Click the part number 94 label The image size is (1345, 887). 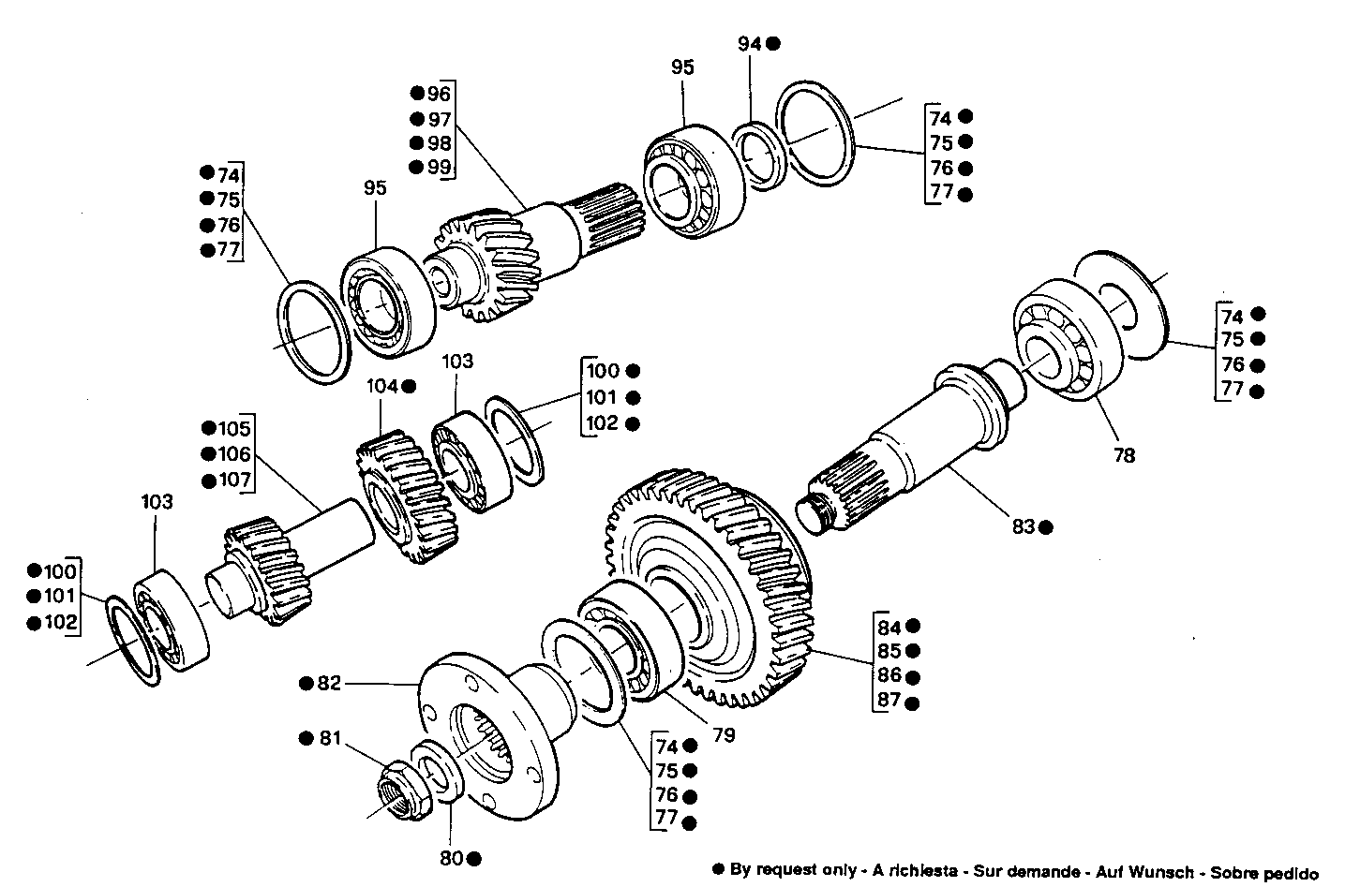(750, 43)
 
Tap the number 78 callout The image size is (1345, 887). (1124, 455)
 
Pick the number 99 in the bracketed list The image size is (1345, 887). (439, 167)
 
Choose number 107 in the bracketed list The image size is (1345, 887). (234, 480)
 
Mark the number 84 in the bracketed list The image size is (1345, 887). (889, 627)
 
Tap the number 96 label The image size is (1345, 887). (439, 94)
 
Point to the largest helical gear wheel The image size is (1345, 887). (712, 590)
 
